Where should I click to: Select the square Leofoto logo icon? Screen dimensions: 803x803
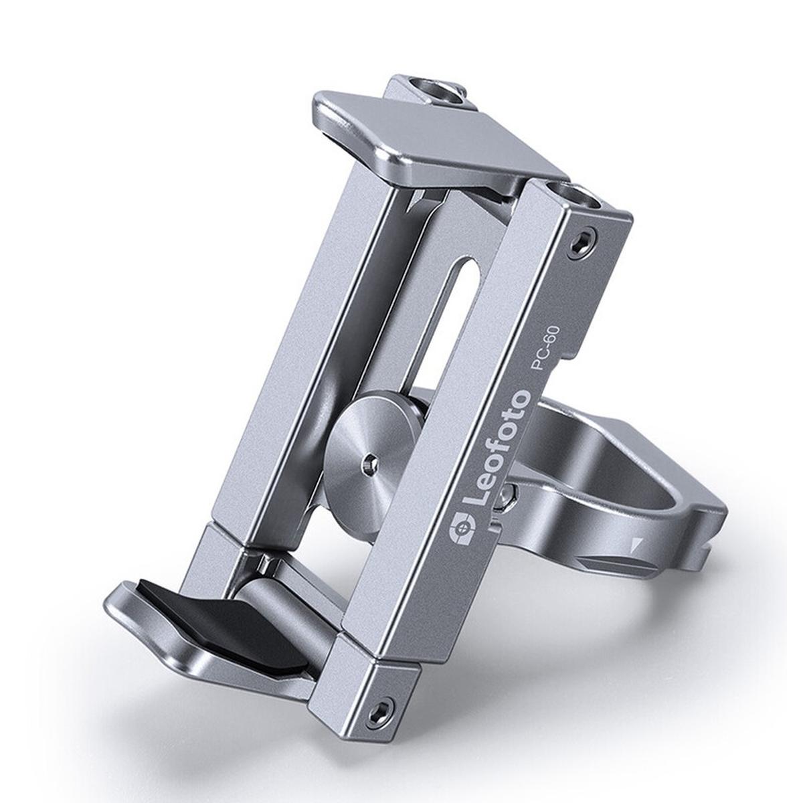[458, 528]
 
